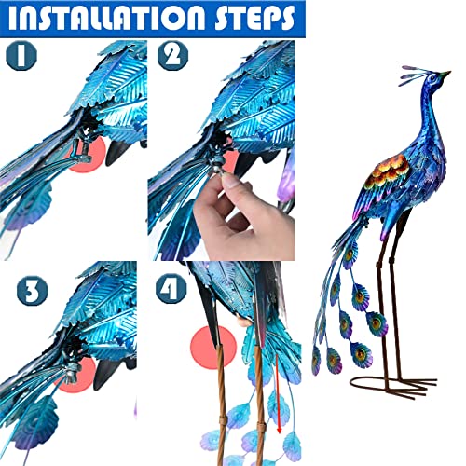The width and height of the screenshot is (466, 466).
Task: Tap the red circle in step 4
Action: (x=212, y=349)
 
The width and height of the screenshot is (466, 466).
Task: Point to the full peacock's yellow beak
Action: (x=445, y=75)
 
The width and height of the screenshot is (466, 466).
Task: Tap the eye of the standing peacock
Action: (x=432, y=78)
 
